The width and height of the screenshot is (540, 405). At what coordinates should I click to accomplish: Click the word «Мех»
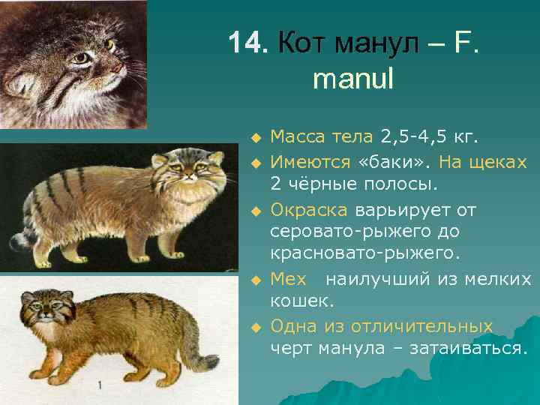click(288, 279)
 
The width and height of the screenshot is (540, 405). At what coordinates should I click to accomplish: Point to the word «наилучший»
click(376, 279)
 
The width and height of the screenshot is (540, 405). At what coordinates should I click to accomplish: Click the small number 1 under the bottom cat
click(99, 385)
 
